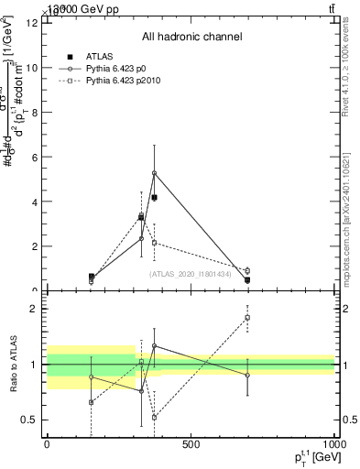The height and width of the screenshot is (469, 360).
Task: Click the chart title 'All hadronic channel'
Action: point(191,38)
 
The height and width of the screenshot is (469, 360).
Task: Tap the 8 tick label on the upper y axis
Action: point(32,112)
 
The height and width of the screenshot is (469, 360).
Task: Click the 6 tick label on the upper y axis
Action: point(32,157)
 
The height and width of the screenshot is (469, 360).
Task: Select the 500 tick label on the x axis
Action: point(191,444)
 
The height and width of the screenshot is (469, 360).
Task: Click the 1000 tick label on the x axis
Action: point(333,444)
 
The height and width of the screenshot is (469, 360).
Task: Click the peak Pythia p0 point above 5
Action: point(154,173)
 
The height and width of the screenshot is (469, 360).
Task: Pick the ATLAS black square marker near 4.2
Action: point(154,197)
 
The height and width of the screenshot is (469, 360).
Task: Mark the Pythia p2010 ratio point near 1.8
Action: point(247,318)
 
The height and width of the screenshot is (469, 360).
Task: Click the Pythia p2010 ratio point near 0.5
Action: point(154,417)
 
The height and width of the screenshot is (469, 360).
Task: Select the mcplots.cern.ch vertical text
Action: point(350,220)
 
